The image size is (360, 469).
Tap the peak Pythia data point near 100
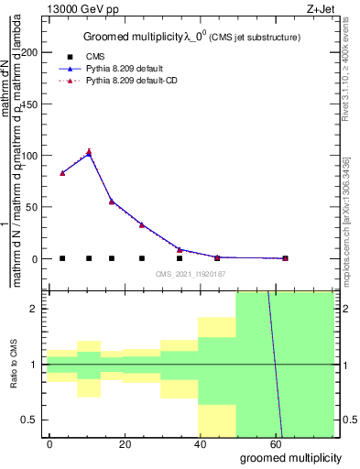point(89,153)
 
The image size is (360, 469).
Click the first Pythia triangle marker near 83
point(62,172)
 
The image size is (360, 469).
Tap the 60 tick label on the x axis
point(274,442)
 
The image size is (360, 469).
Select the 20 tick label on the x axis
point(125,442)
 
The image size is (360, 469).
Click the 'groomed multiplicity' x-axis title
point(290,457)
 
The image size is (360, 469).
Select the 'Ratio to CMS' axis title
point(14,365)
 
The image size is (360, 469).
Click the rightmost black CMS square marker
point(285,258)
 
